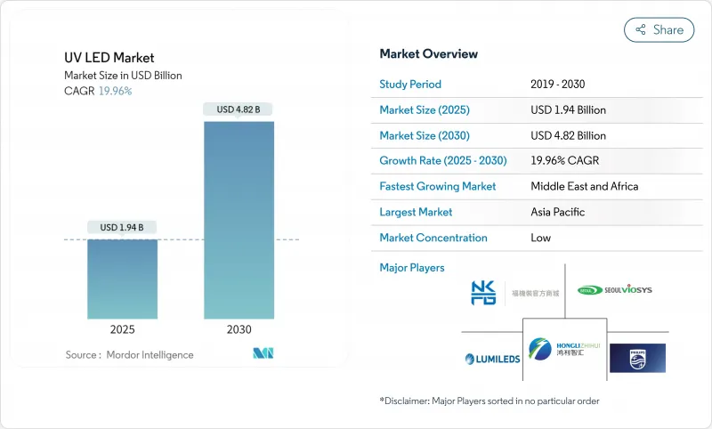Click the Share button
point(659,29)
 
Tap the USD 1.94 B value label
point(122,228)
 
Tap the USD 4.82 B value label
point(239,109)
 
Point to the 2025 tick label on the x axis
point(122,328)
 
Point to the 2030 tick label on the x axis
point(239,328)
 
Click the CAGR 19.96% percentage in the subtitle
point(114,91)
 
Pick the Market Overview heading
point(429,54)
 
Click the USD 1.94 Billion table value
point(568,110)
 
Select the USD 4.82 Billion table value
point(568,135)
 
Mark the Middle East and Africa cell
point(585,187)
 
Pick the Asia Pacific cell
point(558,212)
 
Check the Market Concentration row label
point(433,238)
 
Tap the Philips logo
point(637,358)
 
